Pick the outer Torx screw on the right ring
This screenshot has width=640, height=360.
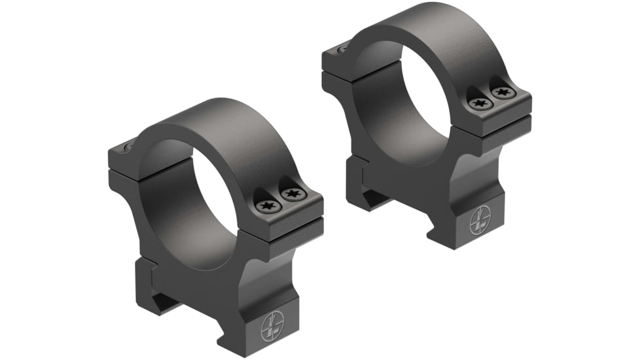coord(503,93)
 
